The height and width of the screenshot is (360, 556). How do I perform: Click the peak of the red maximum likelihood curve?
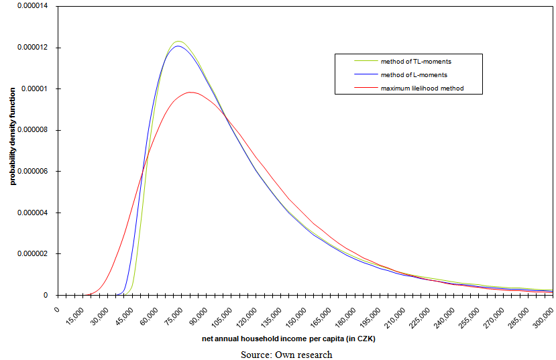pyautogui.click(x=190, y=93)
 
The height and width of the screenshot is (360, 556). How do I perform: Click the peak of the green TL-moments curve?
pyautogui.click(x=178, y=42)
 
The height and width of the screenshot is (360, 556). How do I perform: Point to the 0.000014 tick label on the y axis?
pyautogui.click(x=32, y=7)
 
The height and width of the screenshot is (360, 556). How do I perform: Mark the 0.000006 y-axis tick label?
pyautogui.click(x=32, y=172)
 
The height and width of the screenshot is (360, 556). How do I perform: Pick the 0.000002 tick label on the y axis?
pyautogui.click(x=32, y=254)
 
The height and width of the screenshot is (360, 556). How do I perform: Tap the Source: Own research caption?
pyautogui.click(x=286, y=355)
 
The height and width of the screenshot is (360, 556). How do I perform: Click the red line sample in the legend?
pyautogui.click(x=367, y=88)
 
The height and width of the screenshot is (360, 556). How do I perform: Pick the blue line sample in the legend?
pyautogui.click(x=367, y=74)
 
